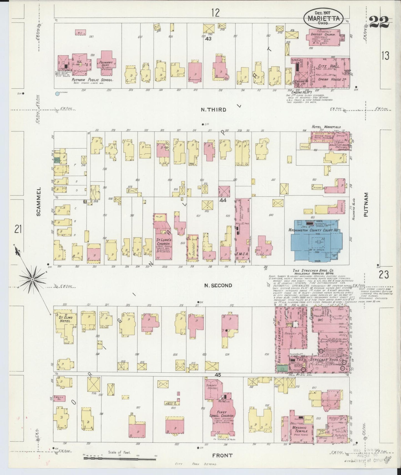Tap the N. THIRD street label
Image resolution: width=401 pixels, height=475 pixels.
click(213, 110)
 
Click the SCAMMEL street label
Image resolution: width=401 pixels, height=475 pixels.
click(39, 201)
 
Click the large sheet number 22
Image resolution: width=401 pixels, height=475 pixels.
click(379, 22)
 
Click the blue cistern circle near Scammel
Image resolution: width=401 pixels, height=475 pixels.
click(57, 94)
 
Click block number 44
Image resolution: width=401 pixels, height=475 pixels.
click(223, 200)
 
